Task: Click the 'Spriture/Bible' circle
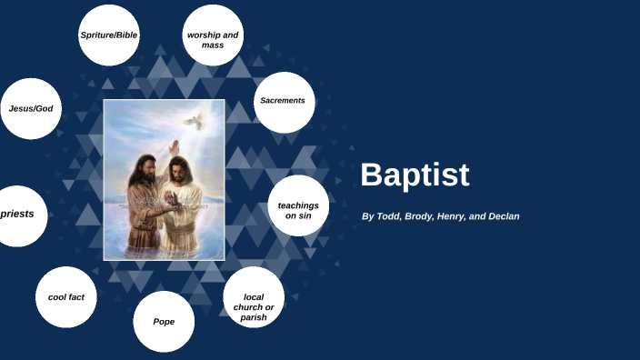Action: click(108, 35)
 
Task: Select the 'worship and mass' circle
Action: click(213, 39)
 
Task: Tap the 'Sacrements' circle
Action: click(283, 101)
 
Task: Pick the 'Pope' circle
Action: click(164, 321)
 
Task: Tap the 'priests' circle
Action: click(17, 215)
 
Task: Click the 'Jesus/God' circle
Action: click(31, 108)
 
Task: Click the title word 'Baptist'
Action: click(415, 175)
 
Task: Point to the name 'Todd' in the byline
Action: click(392, 216)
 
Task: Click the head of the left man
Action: click(145, 165)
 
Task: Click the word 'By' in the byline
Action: click(368, 216)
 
